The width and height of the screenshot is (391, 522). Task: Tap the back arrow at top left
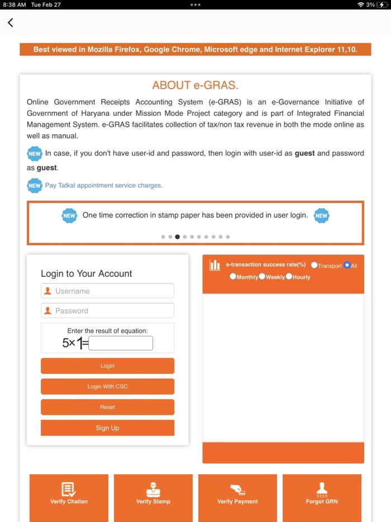tap(10, 23)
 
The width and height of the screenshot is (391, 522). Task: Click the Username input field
tap(107, 291)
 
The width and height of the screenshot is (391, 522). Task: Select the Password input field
tap(107, 311)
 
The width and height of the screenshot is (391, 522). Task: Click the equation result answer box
tap(120, 343)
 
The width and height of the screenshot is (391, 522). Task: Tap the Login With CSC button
tap(107, 387)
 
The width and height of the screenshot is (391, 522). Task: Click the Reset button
tap(107, 407)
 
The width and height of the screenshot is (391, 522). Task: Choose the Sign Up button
tap(107, 428)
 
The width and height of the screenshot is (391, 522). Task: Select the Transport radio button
tap(314, 265)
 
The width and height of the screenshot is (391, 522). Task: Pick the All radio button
tap(347, 265)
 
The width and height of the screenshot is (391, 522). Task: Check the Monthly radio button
tap(233, 277)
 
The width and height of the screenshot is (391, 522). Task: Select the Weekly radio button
tap(262, 277)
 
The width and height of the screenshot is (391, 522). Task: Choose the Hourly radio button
tap(289, 277)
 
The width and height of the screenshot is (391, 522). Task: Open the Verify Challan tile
tap(69, 495)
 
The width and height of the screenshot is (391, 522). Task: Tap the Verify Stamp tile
tap(153, 495)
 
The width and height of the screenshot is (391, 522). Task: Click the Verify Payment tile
tap(237, 495)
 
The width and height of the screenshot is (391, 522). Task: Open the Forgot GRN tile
tap(322, 495)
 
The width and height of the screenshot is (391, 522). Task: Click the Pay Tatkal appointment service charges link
tap(103, 186)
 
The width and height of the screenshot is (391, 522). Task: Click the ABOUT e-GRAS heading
tap(195, 86)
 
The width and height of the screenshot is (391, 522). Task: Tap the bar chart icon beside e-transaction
tap(214, 265)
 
